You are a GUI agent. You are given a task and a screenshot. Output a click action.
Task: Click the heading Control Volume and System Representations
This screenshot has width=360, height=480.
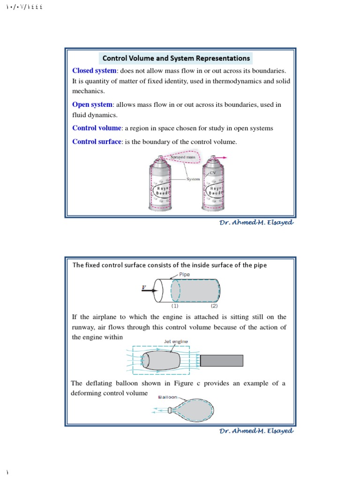pos(176,58)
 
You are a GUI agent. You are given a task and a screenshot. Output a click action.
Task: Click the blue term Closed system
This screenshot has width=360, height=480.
pos(94,71)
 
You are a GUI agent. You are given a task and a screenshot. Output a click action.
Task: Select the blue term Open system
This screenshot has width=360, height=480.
pos(92,105)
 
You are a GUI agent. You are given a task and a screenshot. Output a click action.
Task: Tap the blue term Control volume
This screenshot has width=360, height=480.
pos(97,128)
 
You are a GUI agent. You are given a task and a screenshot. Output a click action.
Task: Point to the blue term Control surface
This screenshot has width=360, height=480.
pos(97,142)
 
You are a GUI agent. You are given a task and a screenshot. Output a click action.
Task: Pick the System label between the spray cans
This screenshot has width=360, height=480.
pos(193,179)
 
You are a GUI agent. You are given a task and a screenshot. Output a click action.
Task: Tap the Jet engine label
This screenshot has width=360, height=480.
pos(176,342)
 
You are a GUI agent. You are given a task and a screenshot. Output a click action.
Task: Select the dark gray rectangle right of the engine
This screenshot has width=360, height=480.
pos(222,360)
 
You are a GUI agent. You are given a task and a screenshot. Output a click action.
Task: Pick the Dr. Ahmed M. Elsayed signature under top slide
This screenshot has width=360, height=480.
pos(256,223)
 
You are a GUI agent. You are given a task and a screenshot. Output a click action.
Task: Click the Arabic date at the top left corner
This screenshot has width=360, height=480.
pos(23,7)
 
